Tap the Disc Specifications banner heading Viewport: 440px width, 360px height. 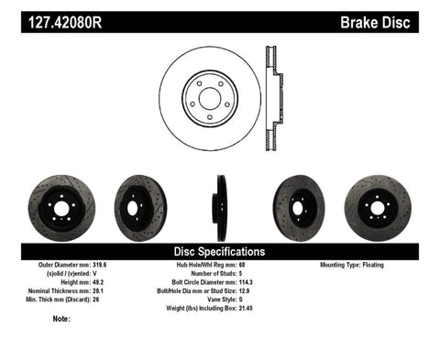(219, 250)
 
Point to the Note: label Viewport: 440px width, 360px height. (62, 319)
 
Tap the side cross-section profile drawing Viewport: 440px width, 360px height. (272, 97)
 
